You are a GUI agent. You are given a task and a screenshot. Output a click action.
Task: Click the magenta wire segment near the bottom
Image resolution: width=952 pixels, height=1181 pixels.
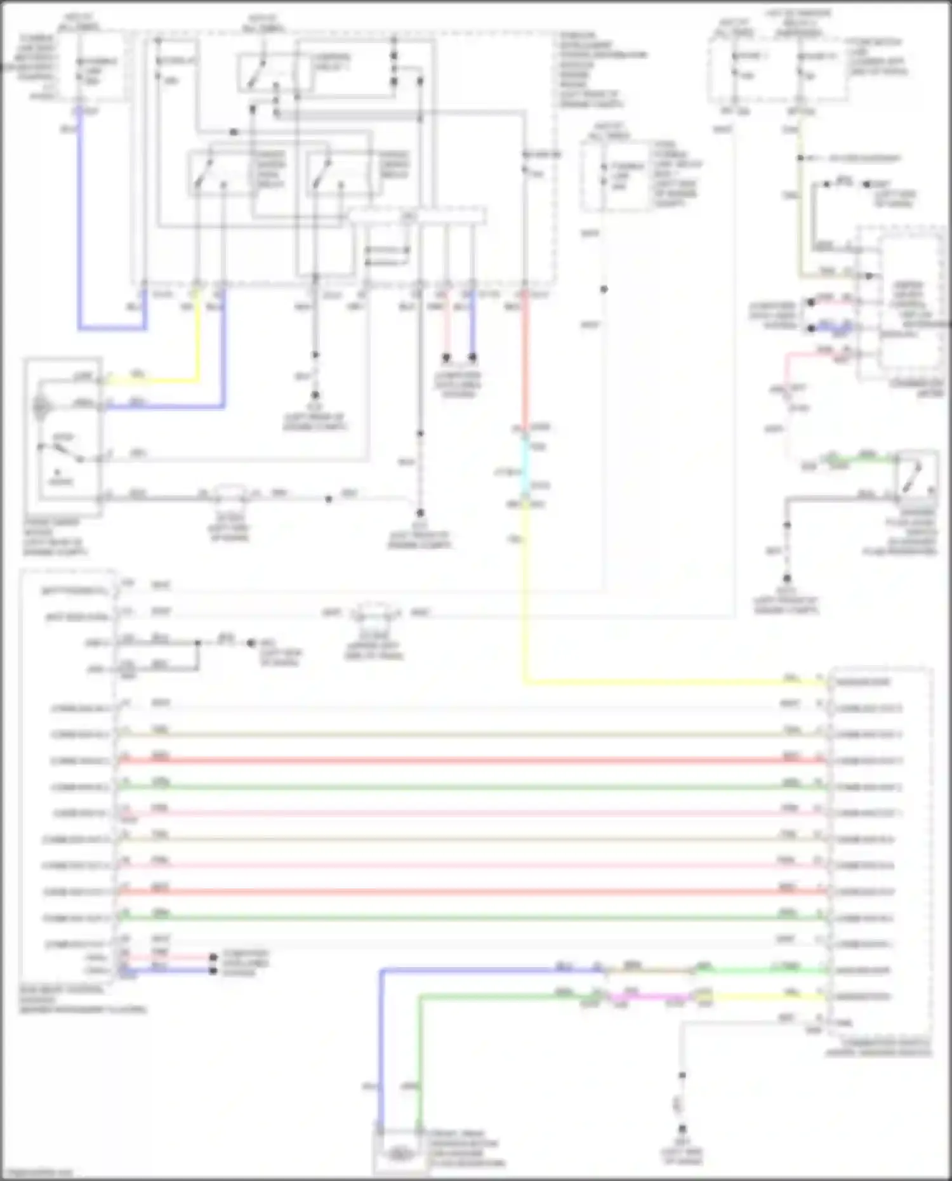tap(647, 998)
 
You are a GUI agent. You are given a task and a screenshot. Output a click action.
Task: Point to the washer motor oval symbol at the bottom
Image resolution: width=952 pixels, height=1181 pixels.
tap(398, 1154)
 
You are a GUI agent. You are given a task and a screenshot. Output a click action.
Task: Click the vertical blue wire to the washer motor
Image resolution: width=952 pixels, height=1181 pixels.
tap(381, 1066)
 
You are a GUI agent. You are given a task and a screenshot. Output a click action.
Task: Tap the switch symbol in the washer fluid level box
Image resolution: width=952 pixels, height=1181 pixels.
tap(918, 473)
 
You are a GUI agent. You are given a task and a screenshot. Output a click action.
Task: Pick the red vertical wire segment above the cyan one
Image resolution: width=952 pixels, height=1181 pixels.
tap(525, 368)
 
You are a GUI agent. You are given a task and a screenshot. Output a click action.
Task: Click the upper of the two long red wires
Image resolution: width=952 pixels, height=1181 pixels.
tap(470, 760)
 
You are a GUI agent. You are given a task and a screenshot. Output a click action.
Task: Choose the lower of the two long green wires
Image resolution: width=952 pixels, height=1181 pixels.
tap(470, 918)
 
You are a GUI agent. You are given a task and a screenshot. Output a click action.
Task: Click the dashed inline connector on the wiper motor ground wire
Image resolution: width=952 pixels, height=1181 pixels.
tap(231, 494)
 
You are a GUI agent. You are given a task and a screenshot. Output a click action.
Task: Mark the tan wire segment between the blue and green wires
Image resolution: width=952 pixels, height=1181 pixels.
tap(647, 970)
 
